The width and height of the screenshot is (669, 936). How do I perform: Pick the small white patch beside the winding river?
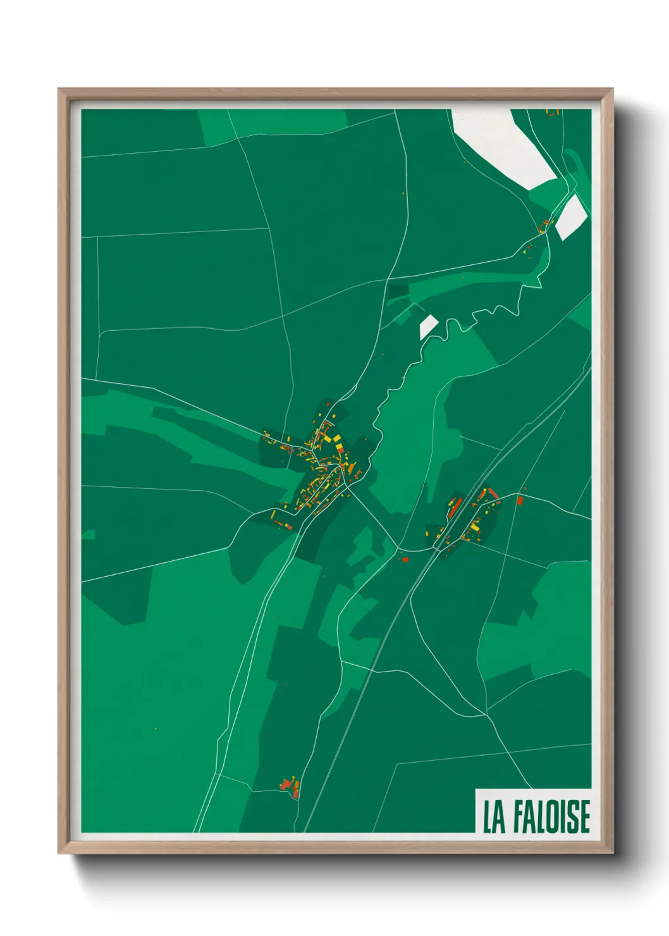pyautogui.click(x=428, y=326)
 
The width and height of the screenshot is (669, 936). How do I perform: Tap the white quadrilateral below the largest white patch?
pyautogui.click(x=571, y=216)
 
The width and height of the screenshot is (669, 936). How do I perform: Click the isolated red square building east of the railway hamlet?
pyautogui.click(x=520, y=500)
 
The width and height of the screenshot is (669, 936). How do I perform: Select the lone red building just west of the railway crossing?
pyautogui.click(x=405, y=559)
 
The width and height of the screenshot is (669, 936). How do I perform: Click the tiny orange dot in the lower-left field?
pyautogui.click(x=156, y=729)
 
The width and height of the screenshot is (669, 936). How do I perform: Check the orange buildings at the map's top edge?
pyautogui.click(x=552, y=113)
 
